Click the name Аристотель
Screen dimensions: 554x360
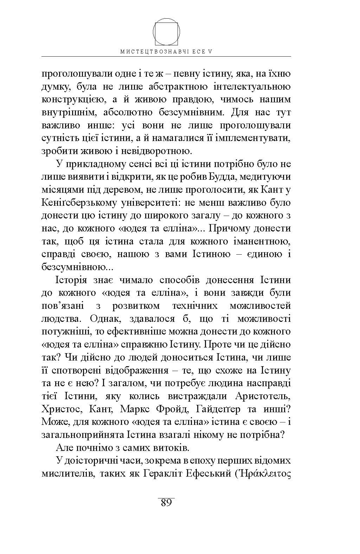pyautogui.click(x=263, y=396)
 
